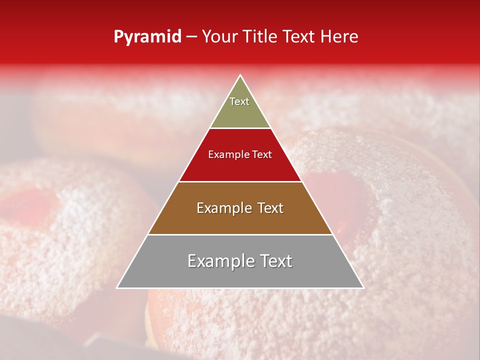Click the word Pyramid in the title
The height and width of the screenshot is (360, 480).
point(147,37)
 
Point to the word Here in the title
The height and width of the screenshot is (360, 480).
point(340,37)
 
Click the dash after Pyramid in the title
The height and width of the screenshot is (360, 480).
point(191,37)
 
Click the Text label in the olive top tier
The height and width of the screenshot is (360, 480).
point(239,101)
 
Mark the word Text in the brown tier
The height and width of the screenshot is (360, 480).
point(270,208)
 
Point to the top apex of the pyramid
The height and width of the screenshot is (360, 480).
point(240,75)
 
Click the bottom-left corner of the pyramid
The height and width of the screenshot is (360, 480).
point(117,287)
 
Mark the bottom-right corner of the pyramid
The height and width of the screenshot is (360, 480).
point(363,287)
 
